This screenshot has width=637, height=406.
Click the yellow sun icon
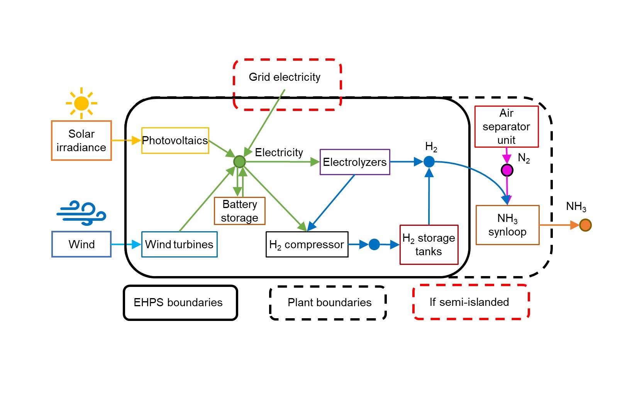coord(81,103)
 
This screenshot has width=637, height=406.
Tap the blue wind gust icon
coord(81,213)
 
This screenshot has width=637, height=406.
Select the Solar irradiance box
coord(81,141)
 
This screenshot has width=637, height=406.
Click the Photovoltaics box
coord(175,140)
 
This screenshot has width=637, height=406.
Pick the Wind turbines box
coord(180,244)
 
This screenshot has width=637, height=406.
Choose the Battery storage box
coord(240,211)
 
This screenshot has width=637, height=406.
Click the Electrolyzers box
coord(355,162)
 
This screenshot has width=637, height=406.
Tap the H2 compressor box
coord(307,244)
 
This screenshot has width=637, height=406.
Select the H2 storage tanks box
coord(429,245)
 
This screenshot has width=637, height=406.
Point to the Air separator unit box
coord(507,127)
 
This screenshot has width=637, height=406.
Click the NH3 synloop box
coord(507,225)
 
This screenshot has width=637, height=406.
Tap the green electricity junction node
coord(239,162)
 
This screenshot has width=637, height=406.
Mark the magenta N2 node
coord(507,170)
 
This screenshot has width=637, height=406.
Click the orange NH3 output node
coord(585,225)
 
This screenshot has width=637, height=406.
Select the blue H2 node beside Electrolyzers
coord(429,162)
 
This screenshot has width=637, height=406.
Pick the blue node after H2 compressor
coord(374,244)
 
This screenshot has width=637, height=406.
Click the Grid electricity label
coord(285,77)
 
